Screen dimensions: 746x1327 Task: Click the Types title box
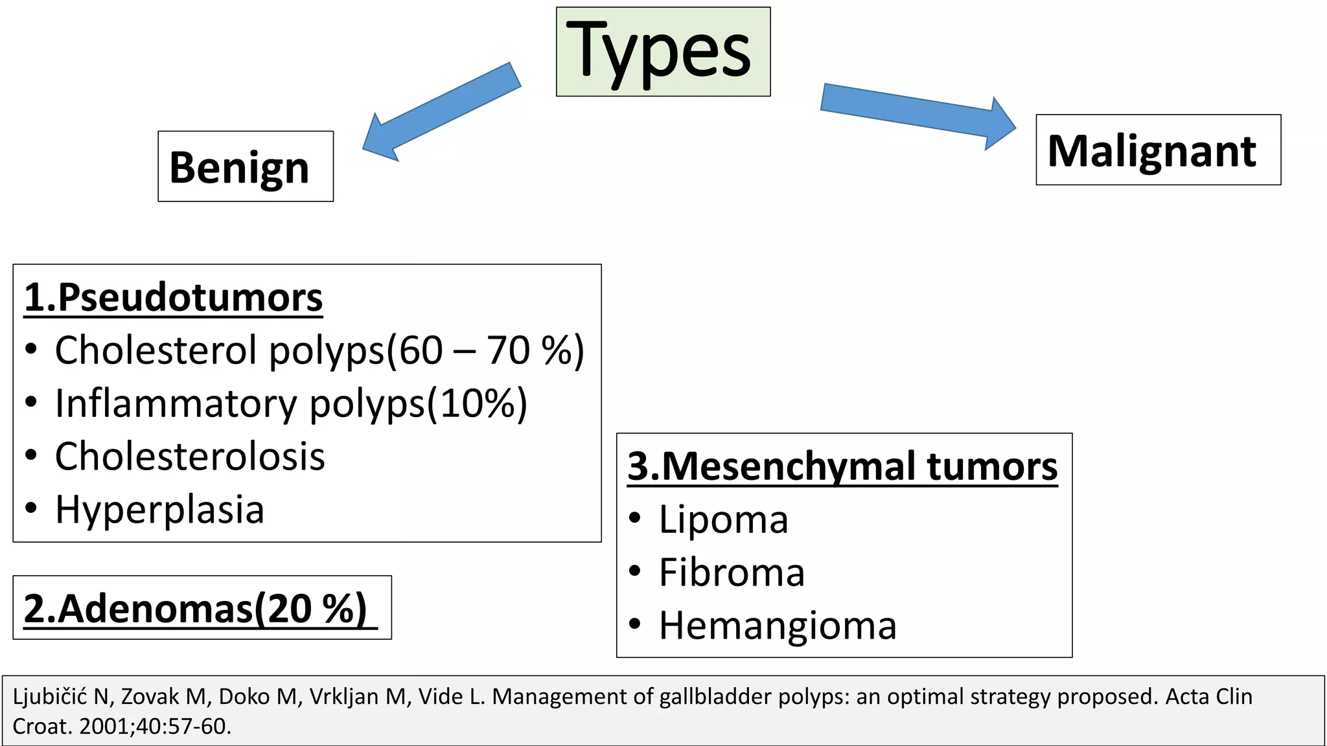pos(663,52)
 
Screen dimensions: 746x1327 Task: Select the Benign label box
pos(246,166)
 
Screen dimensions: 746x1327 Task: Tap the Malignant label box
pos(1158,150)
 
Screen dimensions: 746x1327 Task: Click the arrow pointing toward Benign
pos(441,111)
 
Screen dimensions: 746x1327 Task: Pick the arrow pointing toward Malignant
pos(917,115)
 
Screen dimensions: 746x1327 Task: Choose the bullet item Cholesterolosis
pos(190,457)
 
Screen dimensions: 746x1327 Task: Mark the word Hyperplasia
pos(159,510)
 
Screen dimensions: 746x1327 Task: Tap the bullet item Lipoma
pos(723,519)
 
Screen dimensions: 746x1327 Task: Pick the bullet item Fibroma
pos(732,572)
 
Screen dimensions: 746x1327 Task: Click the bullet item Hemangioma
pos(778,626)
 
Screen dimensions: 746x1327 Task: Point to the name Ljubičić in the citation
pos(50,697)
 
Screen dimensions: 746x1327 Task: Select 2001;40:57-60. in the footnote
pos(155,727)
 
